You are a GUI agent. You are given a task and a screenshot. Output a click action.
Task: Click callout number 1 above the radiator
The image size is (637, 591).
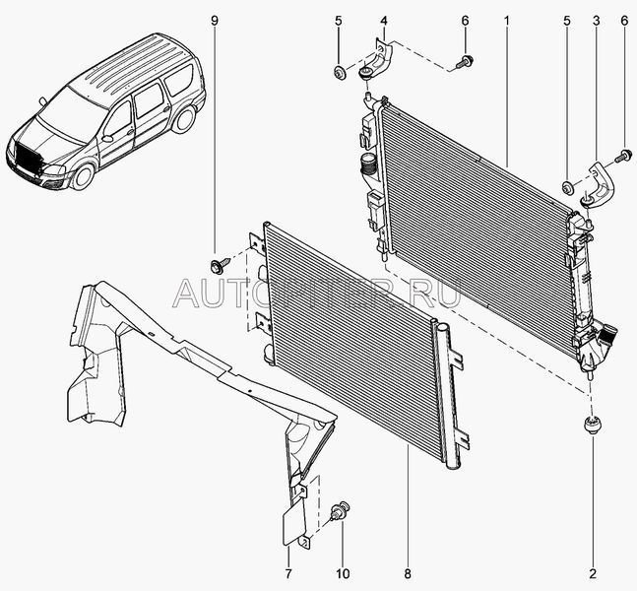click(506, 20)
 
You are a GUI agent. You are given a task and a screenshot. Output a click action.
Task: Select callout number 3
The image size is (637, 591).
click(595, 20)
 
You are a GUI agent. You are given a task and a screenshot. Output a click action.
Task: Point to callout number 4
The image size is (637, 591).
click(383, 20)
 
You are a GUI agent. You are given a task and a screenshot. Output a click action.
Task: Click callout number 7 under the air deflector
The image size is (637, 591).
click(288, 572)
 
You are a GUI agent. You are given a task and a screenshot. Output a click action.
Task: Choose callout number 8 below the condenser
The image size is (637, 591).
click(407, 572)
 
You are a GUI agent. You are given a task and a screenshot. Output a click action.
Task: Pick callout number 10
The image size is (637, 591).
click(343, 572)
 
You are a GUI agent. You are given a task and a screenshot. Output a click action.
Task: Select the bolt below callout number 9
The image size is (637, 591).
click(217, 263)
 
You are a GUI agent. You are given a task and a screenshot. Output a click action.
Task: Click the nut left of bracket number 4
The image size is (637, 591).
click(339, 71)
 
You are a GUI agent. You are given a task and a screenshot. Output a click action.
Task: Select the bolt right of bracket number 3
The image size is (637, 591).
click(624, 156)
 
